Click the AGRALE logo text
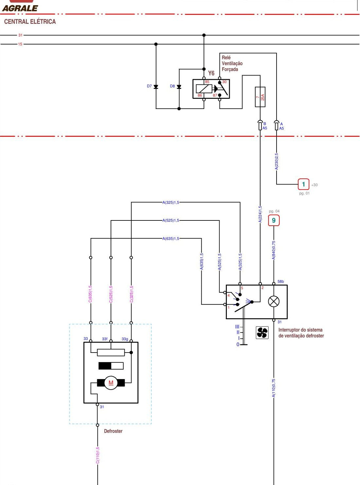coord(20,8)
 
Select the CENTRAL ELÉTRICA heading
coord(30,22)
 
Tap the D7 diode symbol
coord(156,87)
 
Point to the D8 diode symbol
coord(179,87)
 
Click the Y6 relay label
coord(211,73)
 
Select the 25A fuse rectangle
coord(260,97)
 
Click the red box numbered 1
coord(303,184)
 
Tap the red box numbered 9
coord(274,220)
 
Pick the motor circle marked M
coord(111,383)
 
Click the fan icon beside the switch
coord(262,333)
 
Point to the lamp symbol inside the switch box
coord(274,302)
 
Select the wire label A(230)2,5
coord(277,161)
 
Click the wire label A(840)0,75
coord(274,250)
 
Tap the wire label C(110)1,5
coord(98,455)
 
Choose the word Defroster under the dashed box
coord(113,431)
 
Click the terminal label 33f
coord(105,339)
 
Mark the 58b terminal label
coord(280,282)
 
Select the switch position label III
coord(237,327)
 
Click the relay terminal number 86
coord(200,95)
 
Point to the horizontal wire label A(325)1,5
coord(171,202)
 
